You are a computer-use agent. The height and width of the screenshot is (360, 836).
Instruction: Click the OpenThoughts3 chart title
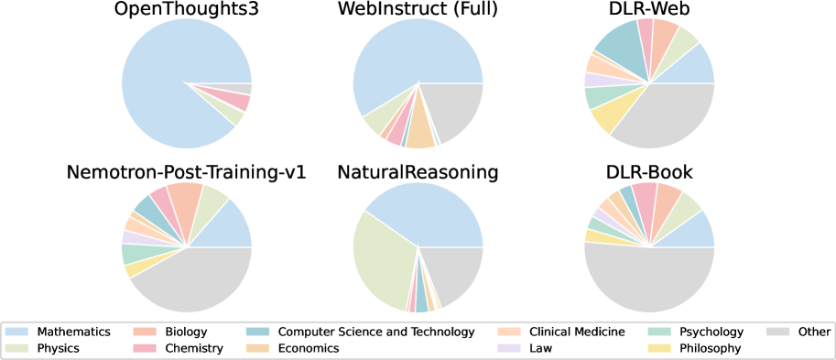186,10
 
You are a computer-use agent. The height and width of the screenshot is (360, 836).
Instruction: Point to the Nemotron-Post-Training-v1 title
186,173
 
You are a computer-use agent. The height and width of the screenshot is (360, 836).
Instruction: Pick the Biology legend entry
186,332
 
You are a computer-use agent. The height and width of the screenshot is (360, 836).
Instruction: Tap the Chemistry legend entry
195,348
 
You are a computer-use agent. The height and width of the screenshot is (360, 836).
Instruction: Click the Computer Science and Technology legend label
375,332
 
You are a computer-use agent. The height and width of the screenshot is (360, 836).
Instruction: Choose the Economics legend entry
309,348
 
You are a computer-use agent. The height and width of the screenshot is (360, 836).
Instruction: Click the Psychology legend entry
711,332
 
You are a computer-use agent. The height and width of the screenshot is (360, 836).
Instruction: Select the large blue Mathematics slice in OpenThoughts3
174,64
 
